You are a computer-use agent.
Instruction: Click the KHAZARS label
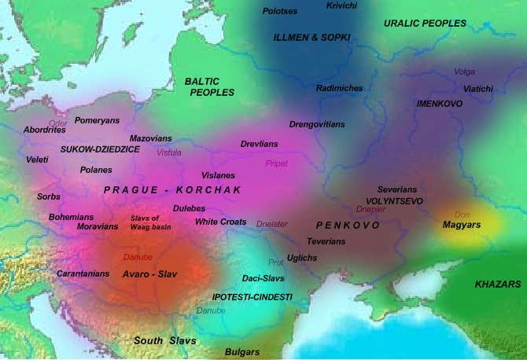point(498,283)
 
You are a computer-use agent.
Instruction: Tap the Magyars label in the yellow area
point(462,226)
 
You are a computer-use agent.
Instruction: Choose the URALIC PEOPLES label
point(425,24)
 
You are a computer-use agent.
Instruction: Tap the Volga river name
point(464,72)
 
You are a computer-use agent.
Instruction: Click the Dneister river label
point(273,224)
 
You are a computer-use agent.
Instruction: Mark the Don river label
point(463,214)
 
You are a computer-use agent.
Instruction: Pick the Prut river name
point(275,263)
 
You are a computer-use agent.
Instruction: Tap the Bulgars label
point(243,352)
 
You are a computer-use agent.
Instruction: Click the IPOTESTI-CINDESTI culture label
point(252,297)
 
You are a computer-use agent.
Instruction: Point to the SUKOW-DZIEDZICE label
point(100,148)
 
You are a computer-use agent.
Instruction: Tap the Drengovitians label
point(317,124)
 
